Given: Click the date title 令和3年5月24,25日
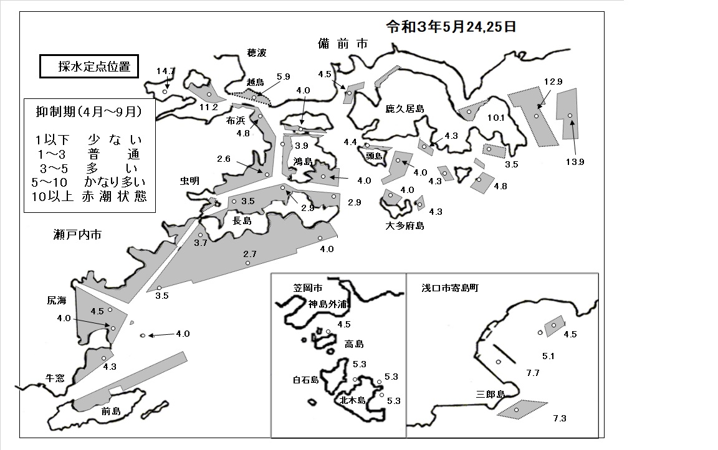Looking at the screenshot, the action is pyautogui.click(x=451, y=27).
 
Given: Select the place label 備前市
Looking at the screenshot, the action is pyautogui.click(x=343, y=44).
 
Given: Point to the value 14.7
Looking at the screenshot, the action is pyautogui.click(x=165, y=72).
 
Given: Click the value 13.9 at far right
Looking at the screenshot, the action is pyautogui.click(x=575, y=162).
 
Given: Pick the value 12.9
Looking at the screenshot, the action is pyautogui.click(x=553, y=82).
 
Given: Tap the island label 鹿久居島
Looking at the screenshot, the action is pyautogui.click(x=404, y=109).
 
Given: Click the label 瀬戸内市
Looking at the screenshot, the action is pyautogui.click(x=77, y=235).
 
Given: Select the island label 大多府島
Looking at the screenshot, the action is pyautogui.click(x=404, y=226).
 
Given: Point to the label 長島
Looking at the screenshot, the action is pyautogui.click(x=242, y=221).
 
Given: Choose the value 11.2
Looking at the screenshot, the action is pyautogui.click(x=208, y=107).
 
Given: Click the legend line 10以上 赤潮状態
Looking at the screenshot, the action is pyautogui.click(x=89, y=197).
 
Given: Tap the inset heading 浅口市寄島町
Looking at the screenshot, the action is pyautogui.click(x=449, y=288).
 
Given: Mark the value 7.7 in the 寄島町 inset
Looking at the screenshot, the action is pyautogui.click(x=532, y=373).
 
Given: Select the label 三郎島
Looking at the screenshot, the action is pyautogui.click(x=490, y=394).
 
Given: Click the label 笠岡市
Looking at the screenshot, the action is pyautogui.click(x=308, y=288).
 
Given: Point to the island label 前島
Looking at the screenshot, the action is pyautogui.click(x=111, y=411).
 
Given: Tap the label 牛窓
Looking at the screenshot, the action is pyautogui.click(x=55, y=378).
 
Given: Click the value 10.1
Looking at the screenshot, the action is pyautogui.click(x=495, y=118).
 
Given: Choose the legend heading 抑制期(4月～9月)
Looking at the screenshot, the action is pyautogui.click(x=89, y=112).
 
